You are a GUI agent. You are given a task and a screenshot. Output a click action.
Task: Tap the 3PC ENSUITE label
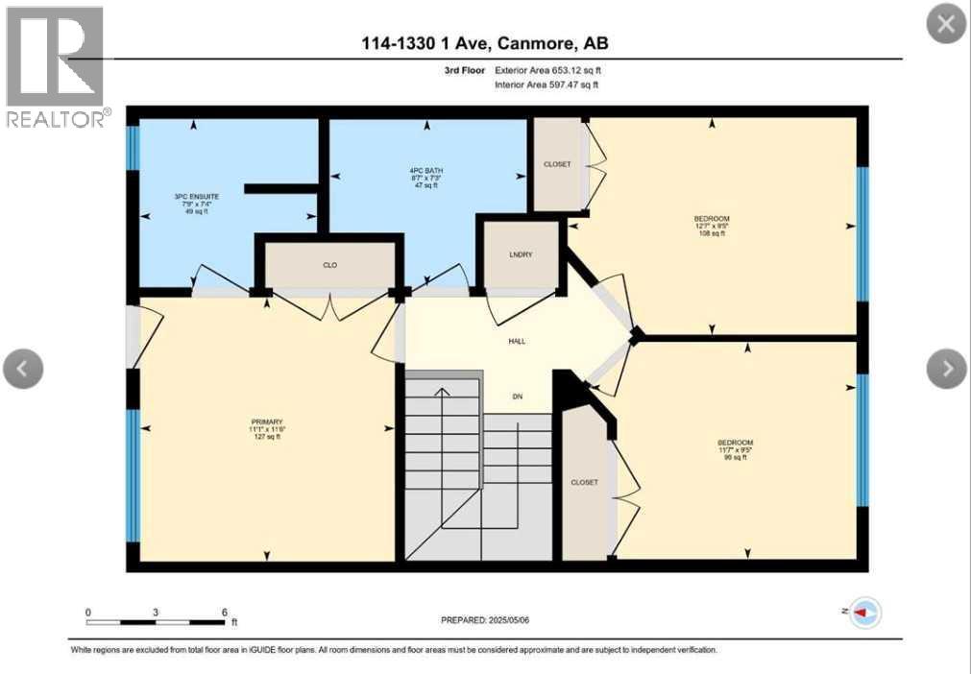coord(182,196)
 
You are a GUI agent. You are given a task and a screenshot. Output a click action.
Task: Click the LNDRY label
coord(521,253)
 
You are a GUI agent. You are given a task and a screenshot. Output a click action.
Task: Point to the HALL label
coord(518,341)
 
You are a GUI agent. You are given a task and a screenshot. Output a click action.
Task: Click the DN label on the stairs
coord(517,397)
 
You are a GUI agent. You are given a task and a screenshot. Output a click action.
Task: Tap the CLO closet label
coord(329,263)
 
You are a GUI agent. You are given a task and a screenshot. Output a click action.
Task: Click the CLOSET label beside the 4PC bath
coord(557,164)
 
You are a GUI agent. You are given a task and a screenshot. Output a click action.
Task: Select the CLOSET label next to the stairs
coord(584,482)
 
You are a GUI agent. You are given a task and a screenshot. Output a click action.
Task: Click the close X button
coord(945,24)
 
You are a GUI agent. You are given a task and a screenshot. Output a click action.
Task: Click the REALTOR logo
coord(56,67)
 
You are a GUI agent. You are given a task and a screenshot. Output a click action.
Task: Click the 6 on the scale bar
coord(224,612)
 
